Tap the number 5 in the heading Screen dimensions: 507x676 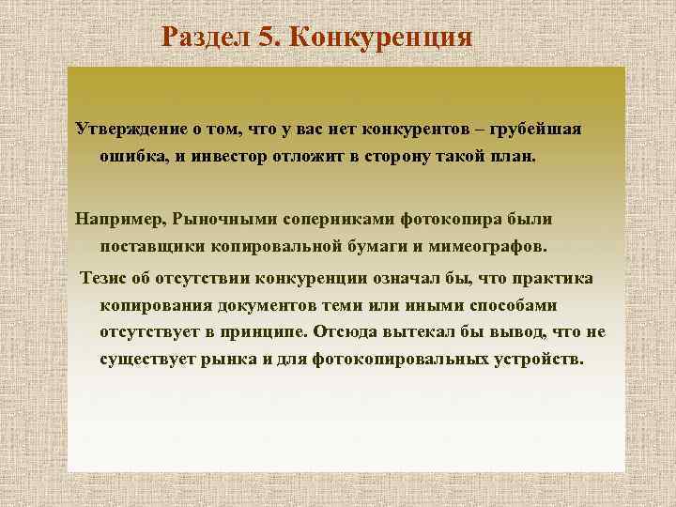(266, 38)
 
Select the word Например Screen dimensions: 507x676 (119, 219)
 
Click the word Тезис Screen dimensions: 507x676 (104, 279)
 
